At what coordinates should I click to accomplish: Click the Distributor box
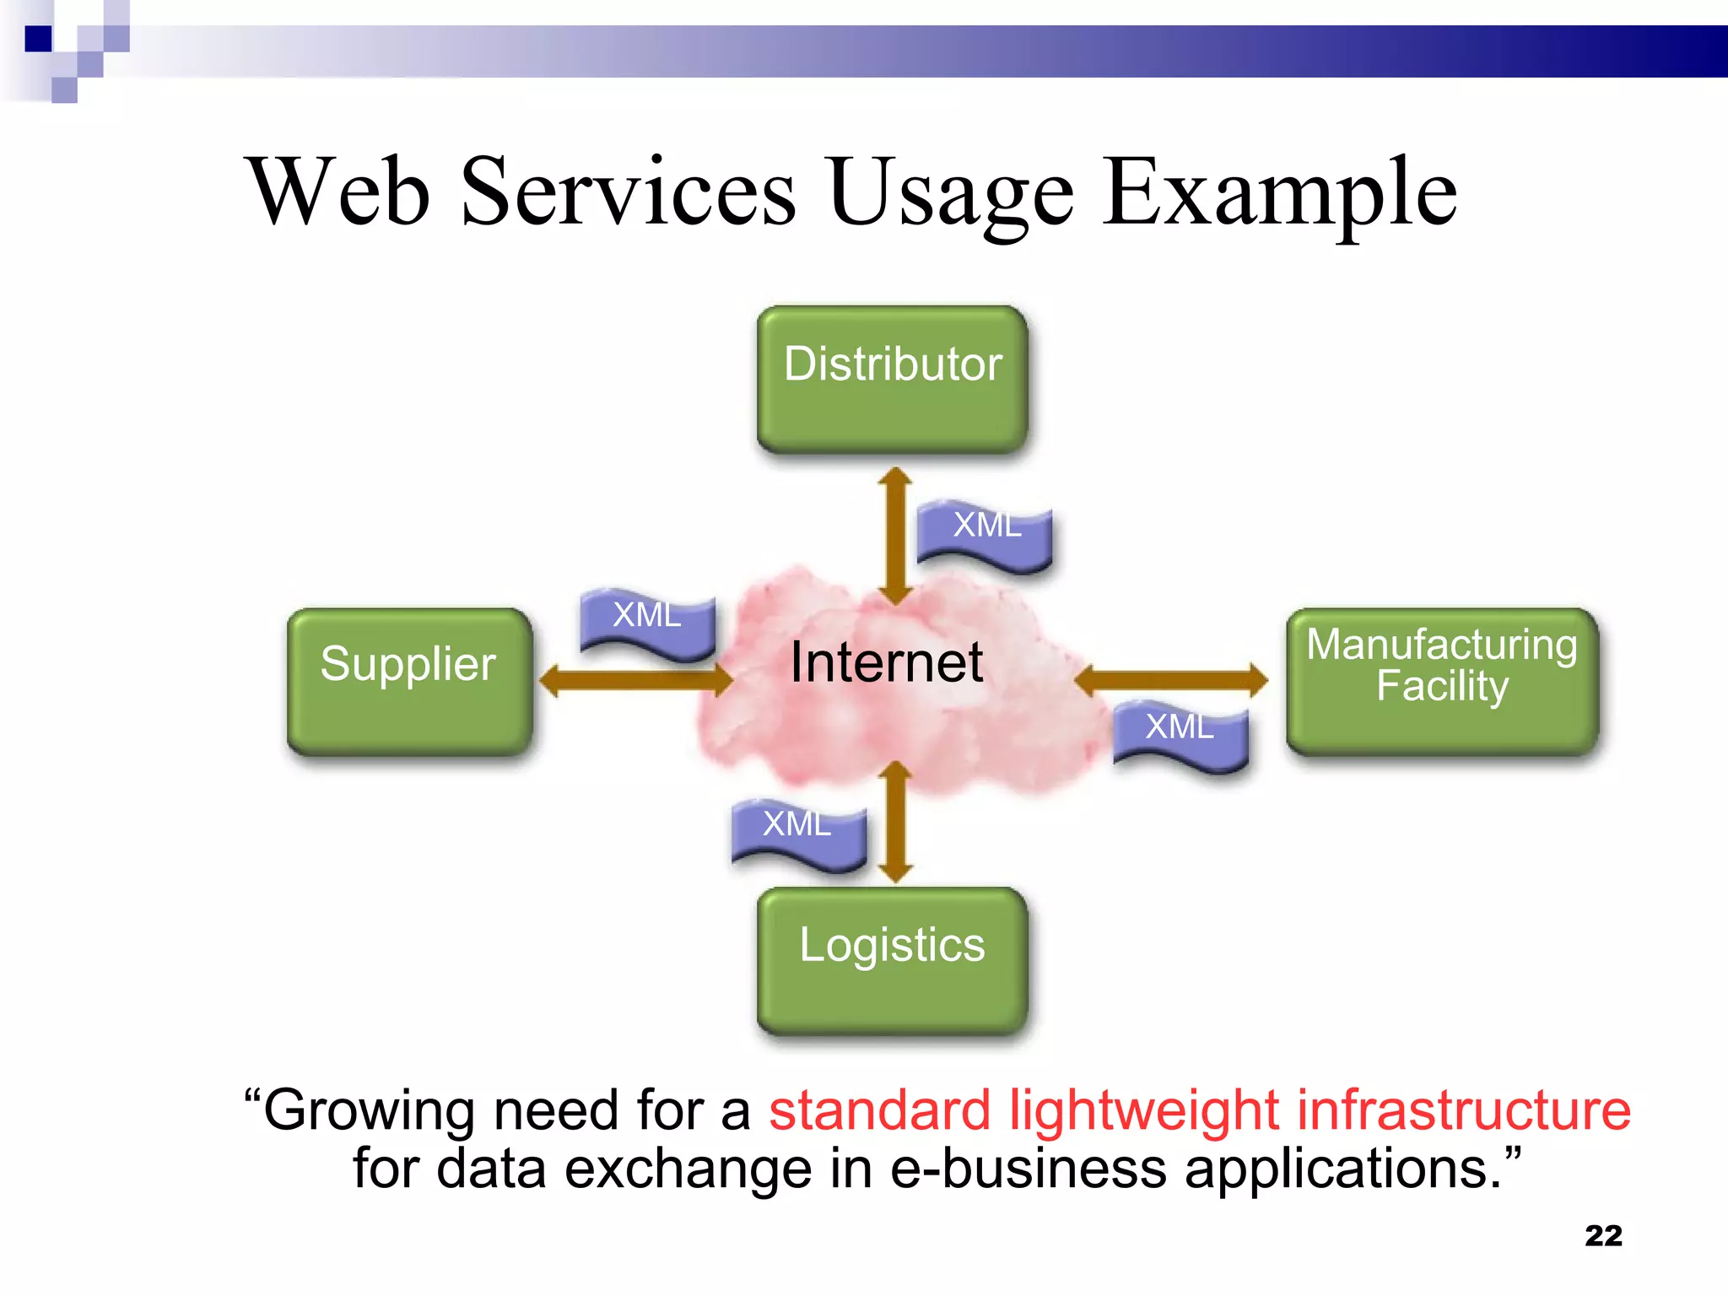click(892, 379)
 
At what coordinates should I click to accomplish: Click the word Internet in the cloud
click(886, 662)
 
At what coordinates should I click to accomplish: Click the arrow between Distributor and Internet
click(895, 536)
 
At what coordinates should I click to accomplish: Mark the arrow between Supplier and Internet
click(635, 679)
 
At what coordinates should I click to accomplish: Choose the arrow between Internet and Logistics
click(895, 822)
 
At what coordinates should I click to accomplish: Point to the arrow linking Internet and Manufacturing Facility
click(1171, 679)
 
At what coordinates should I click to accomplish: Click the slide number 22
click(1603, 1235)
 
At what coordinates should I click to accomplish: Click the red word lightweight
click(1144, 1110)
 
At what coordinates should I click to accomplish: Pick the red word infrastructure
click(1463, 1110)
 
